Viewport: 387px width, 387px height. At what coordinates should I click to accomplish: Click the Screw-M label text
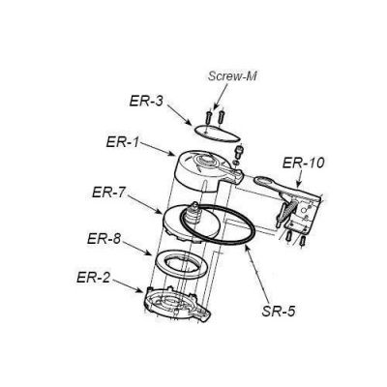click(x=232, y=76)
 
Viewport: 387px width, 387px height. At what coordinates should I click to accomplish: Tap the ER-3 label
click(x=146, y=101)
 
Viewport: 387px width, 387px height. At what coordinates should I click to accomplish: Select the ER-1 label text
click(x=123, y=142)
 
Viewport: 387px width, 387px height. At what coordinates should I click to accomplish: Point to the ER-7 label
click(x=108, y=193)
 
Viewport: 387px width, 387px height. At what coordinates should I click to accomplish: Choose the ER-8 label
click(x=104, y=239)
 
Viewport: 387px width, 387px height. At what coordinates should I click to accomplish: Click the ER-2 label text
click(x=93, y=278)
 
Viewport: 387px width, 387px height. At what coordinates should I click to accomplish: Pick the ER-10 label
click(x=303, y=163)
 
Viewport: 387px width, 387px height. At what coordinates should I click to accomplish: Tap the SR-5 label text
click(x=279, y=312)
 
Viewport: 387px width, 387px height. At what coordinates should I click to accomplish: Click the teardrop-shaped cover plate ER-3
click(x=218, y=134)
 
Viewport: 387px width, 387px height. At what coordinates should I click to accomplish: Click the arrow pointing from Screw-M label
click(x=221, y=97)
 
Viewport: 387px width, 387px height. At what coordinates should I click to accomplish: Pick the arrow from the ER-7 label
click(x=147, y=204)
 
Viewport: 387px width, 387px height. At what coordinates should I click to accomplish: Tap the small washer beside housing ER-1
click(x=236, y=164)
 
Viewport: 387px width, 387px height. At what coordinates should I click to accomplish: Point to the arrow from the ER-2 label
click(x=128, y=285)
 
